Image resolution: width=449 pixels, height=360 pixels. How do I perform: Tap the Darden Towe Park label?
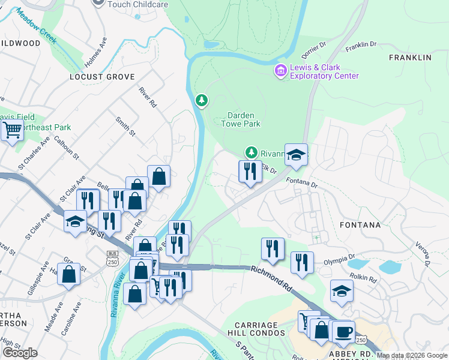pyautogui.click(x=244, y=119)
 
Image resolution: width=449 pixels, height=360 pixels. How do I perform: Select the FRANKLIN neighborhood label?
pyautogui.click(x=410, y=58)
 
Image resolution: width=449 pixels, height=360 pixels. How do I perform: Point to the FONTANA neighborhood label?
pyautogui.click(x=360, y=225)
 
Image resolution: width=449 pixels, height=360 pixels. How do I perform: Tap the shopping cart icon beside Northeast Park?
pyautogui.click(x=12, y=128)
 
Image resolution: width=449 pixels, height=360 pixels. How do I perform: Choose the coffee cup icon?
pyautogui.click(x=343, y=331)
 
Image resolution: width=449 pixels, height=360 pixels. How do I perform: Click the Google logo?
pyautogui.click(x=20, y=352)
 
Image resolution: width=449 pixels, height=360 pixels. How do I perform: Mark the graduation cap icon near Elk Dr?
pyautogui.click(x=295, y=154)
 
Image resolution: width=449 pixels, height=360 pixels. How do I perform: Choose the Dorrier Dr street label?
pyautogui.click(x=314, y=45)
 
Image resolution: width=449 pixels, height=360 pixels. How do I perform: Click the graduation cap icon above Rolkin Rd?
pyautogui.click(x=342, y=290)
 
